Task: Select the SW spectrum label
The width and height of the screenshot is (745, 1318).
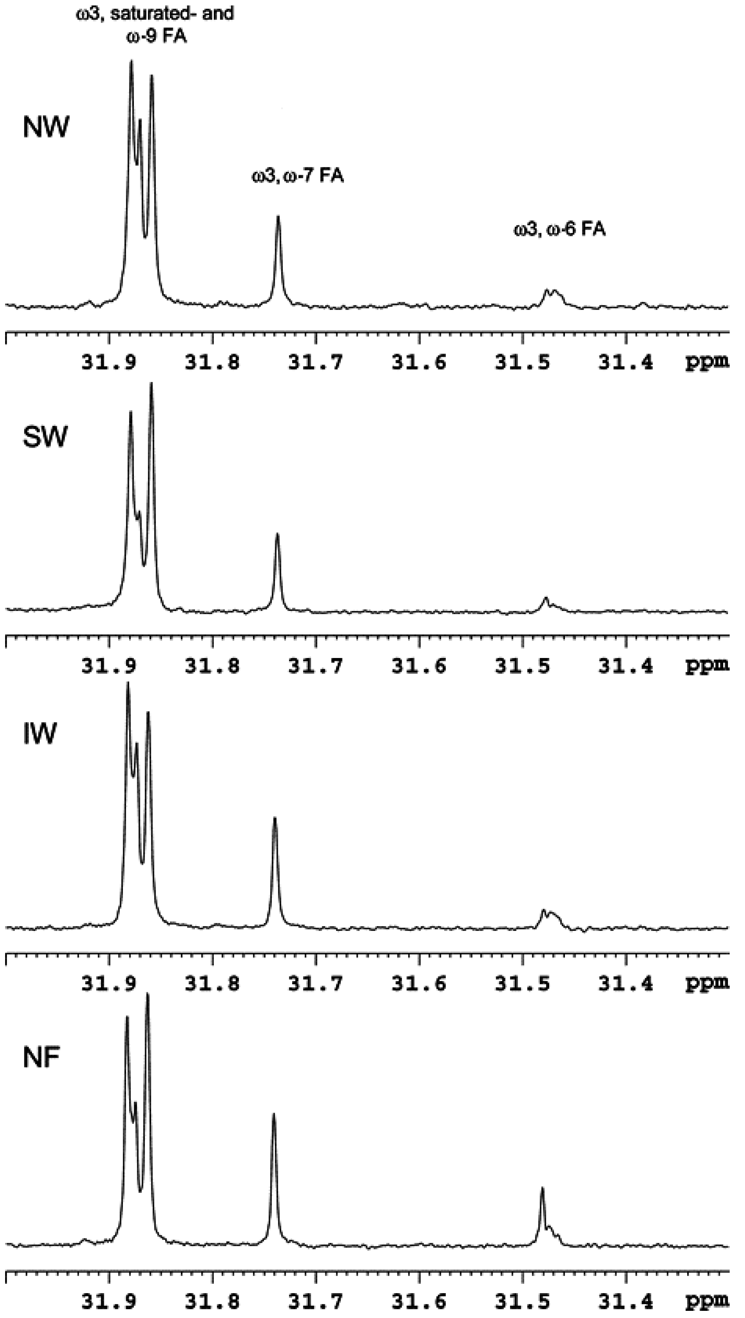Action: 45,438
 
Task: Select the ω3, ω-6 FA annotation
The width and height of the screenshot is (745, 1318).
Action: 560,229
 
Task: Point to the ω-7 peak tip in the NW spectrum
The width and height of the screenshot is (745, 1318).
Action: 278,217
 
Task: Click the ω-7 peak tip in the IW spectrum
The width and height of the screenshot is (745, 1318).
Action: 275,818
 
